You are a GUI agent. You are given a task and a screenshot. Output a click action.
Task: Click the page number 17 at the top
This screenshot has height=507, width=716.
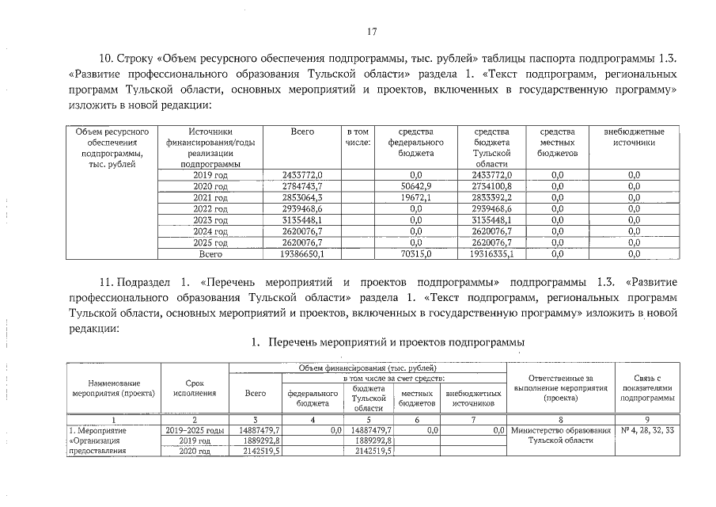[372, 32]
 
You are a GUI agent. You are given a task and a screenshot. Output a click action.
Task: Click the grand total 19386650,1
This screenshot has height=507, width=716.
[306, 254]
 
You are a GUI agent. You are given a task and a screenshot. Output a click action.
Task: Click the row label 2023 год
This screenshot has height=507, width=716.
[210, 219]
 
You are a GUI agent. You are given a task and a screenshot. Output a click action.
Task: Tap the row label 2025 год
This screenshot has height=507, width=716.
[210, 242]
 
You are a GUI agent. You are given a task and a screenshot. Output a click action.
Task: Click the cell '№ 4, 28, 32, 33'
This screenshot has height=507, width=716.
[647, 430]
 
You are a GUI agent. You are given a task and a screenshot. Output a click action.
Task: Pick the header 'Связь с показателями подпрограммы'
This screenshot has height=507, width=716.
[647, 387]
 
